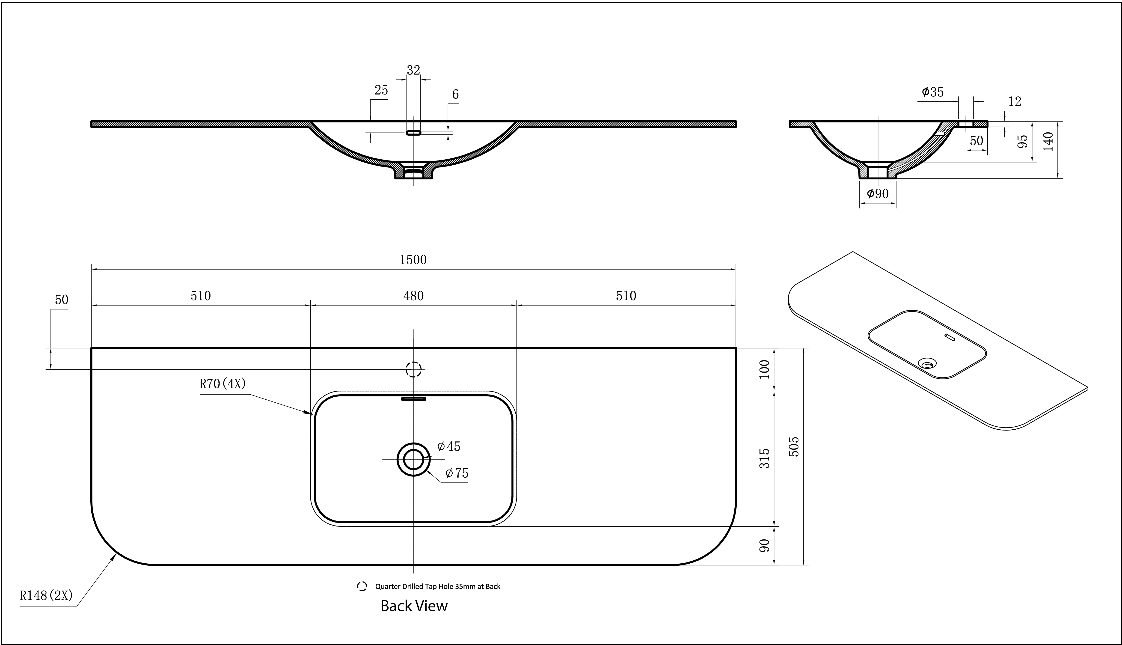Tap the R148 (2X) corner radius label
click(x=46, y=595)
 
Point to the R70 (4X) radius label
click(x=222, y=384)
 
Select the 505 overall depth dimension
click(x=794, y=446)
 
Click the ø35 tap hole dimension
click(x=933, y=92)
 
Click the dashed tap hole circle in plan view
click(x=413, y=369)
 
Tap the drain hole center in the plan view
click(x=413, y=459)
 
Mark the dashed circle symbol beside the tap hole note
click(x=362, y=586)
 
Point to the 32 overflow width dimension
click(x=413, y=70)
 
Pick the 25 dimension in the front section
click(x=381, y=90)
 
